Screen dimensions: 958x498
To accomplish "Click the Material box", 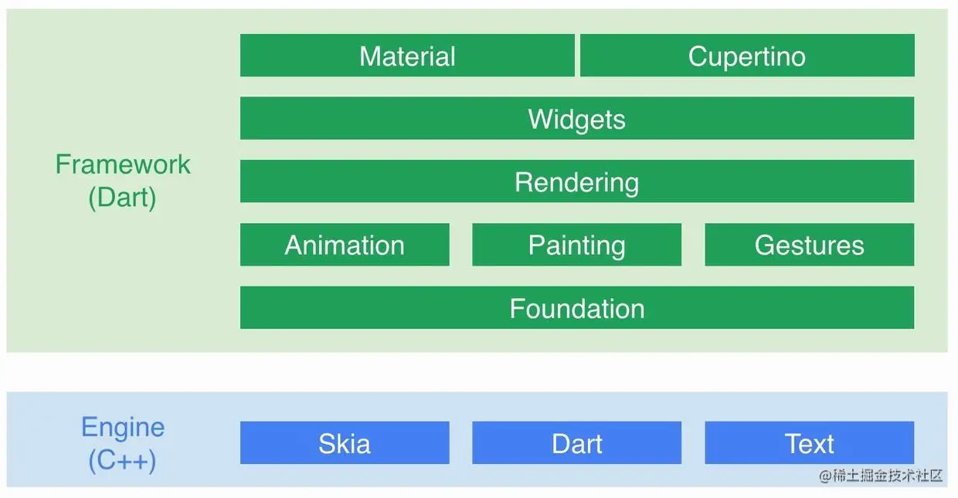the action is pyautogui.click(x=407, y=56).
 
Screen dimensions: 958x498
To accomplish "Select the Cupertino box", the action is pyautogui.click(x=746, y=56).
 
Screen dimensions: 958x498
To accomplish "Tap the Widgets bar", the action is pyautogui.click(x=576, y=119).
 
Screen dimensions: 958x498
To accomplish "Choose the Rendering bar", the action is pyautogui.click(x=576, y=182).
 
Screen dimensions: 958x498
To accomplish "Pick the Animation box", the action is pyautogui.click(x=345, y=245).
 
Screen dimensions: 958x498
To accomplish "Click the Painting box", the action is pyautogui.click(x=576, y=245).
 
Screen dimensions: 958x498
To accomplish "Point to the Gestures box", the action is pyautogui.click(x=809, y=245).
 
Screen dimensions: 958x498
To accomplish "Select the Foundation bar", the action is pyautogui.click(x=576, y=308).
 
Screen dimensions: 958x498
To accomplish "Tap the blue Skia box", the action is pyautogui.click(x=345, y=443).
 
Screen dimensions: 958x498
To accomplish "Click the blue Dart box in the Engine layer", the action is pyautogui.click(x=576, y=443).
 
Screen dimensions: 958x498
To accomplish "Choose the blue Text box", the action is pyautogui.click(x=809, y=443).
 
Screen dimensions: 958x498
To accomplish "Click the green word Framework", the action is pyautogui.click(x=123, y=164).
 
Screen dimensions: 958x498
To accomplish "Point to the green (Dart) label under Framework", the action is pyautogui.click(x=122, y=198).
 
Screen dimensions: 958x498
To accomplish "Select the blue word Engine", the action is pyautogui.click(x=123, y=427).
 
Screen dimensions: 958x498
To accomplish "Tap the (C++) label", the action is pyautogui.click(x=122, y=461).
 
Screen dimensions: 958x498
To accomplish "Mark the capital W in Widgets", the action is pyautogui.click(x=539, y=119).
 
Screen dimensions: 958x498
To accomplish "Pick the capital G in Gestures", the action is pyautogui.click(x=765, y=246).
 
